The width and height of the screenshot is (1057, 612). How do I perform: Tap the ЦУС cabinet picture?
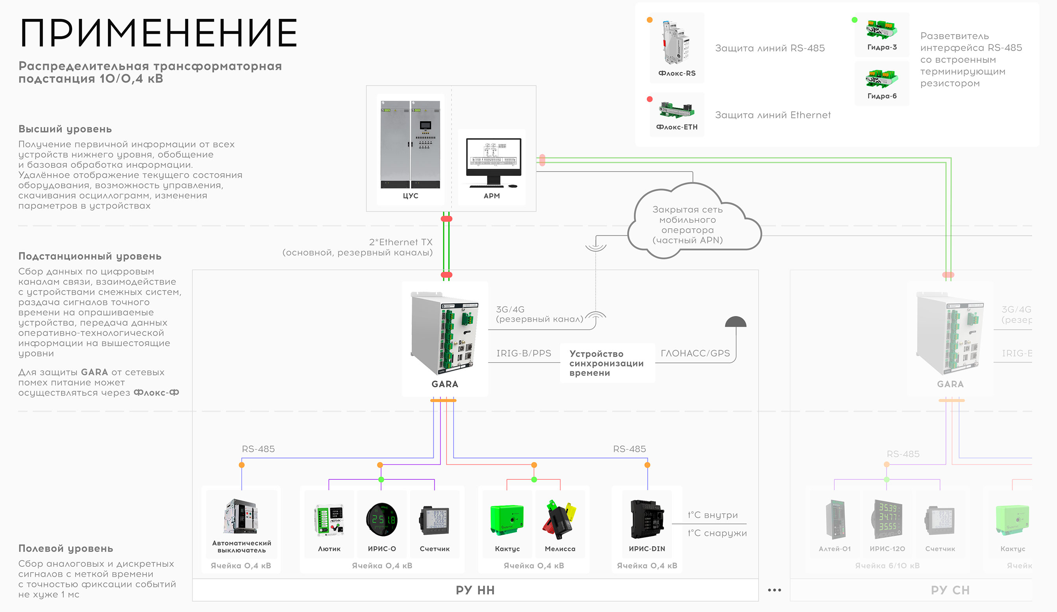pyautogui.click(x=410, y=144)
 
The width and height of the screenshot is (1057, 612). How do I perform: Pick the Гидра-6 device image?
pyautogui.click(x=882, y=79)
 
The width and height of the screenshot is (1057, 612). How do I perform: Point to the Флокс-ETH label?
pyautogui.click(x=677, y=127)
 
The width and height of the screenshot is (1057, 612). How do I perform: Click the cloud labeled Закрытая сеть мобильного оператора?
pyautogui.click(x=688, y=224)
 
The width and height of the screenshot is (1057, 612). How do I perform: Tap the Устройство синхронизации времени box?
pyautogui.click(x=607, y=363)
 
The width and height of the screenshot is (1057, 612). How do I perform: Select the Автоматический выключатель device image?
pyautogui.click(x=241, y=516)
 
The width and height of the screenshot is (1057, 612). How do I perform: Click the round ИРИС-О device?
pyautogui.click(x=382, y=519)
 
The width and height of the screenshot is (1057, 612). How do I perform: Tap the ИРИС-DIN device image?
pyautogui.click(x=647, y=519)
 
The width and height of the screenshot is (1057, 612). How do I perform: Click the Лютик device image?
pyautogui.click(x=329, y=520)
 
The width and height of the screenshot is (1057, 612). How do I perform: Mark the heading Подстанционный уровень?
pyautogui.click(x=90, y=256)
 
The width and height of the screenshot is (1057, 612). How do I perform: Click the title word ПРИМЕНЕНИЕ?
pyautogui.click(x=159, y=33)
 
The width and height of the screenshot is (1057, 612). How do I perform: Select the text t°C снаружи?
pyautogui.click(x=717, y=533)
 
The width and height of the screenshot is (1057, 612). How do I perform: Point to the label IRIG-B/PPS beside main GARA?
pyautogui.click(x=524, y=353)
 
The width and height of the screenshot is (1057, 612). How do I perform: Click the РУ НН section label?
pyautogui.click(x=475, y=590)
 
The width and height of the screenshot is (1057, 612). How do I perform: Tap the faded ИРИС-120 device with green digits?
pyautogui.click(x=887, y=519)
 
